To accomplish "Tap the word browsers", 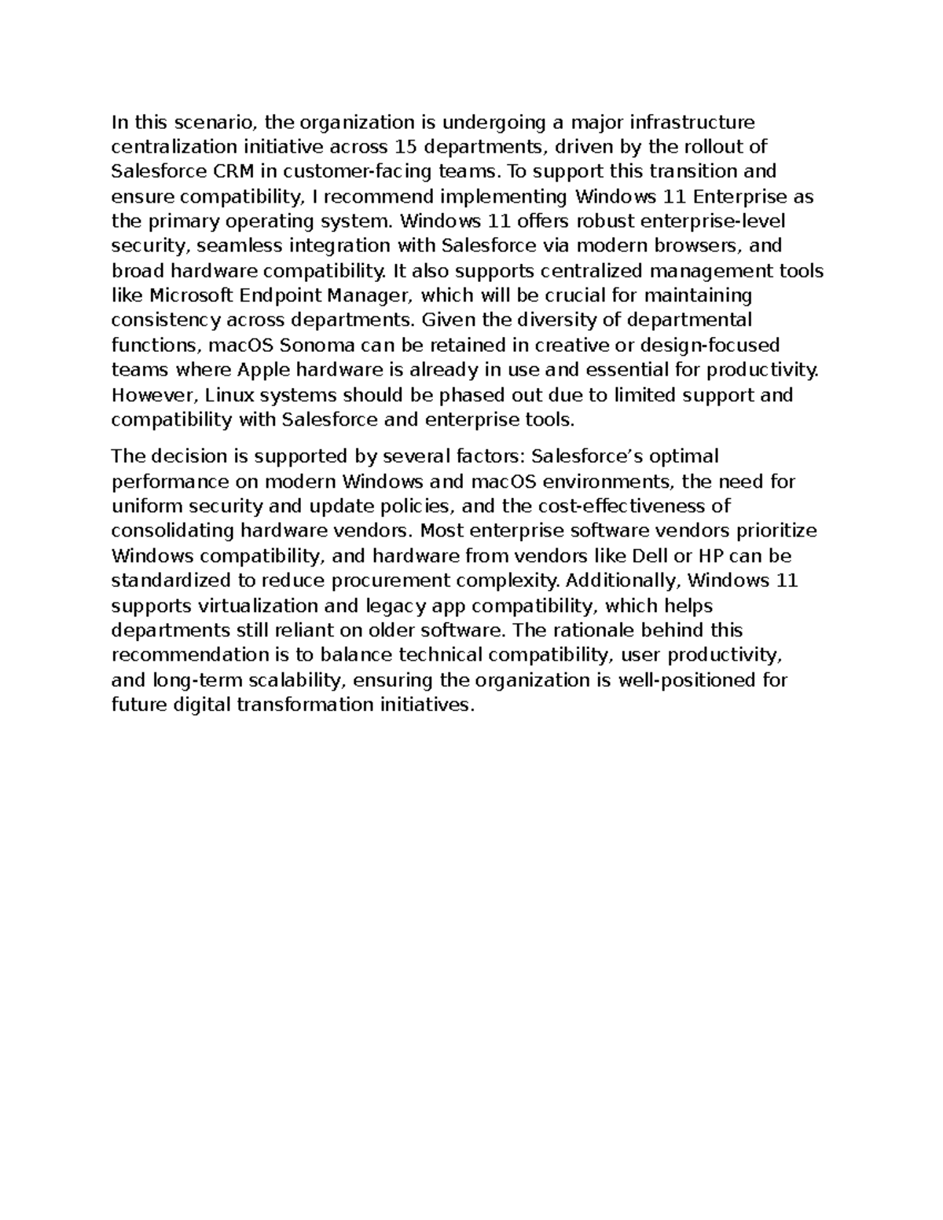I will click(x=697, y=246).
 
